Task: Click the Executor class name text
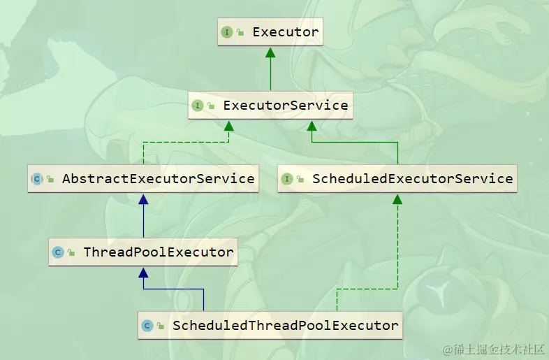[285, 32]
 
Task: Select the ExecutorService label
[285, 106]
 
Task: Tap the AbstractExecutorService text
[158, 178]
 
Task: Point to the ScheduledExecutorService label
[412, 178]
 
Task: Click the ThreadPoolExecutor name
[158, 252]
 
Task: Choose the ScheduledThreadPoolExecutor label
[285, 325]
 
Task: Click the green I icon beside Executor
[227, 32]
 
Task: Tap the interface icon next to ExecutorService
[198, 106]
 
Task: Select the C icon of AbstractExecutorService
[37, 179]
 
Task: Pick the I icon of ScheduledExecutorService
[287, 179]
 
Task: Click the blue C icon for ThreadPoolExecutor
[59, 252]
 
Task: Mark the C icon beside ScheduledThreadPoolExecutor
[147, 326]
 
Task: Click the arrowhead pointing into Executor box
[270, 53]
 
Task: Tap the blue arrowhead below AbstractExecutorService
[143, 200]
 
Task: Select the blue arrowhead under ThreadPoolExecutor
[143, 273]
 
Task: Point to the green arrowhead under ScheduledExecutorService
[397, 200]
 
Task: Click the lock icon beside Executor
[240, 33]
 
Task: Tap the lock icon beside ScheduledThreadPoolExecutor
[161, 326]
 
